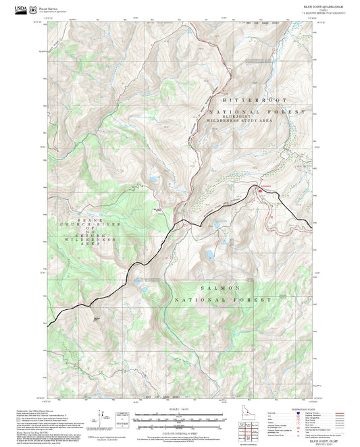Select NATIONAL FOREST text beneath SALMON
[x=223, y=299]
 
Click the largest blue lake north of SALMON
[x=211, y=255]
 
